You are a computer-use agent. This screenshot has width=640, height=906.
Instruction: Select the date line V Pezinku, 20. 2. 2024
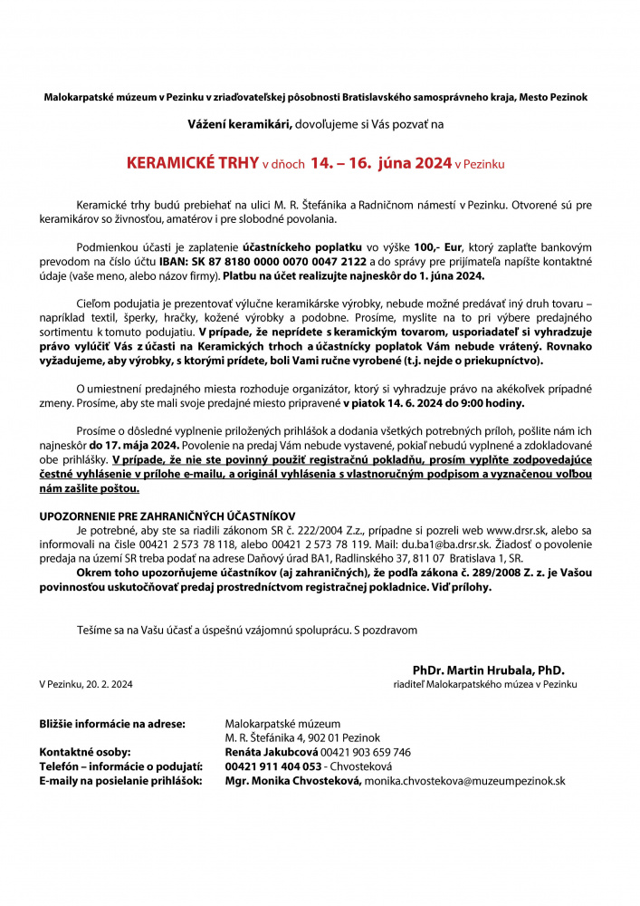tap(86, 684)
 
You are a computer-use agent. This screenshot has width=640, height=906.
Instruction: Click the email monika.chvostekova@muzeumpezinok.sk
tap(464, 781)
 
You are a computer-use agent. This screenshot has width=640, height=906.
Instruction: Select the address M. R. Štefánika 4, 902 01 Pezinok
tap(302, 737)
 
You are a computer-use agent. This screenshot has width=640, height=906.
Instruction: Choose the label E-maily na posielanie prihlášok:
tap(120, 781)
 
